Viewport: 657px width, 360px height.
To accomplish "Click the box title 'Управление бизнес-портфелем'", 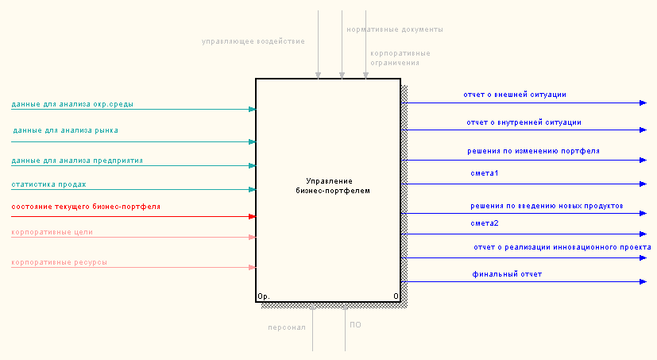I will pyautogui.click(x=327, y=186).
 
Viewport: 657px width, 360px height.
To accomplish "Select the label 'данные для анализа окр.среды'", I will pyautogui.click(x=72, y=104).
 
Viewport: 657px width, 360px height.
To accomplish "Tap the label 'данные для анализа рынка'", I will pyautogui.click(x=66, y=130).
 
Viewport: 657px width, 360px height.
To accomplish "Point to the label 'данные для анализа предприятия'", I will pyautogui.click(x=77, y=161).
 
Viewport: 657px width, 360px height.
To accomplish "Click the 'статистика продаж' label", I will pyautogui.click(x=48, y=184).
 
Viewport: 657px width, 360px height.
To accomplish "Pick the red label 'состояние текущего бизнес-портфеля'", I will pyautogui.click(x=86, y=207).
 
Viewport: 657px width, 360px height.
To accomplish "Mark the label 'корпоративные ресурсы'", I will pyautogui.click(x=60, y=261).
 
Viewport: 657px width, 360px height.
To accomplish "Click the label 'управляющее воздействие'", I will pyautogui.click(x=253, y=41).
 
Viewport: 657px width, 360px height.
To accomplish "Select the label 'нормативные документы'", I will pyautogui.click(x=395, y=29).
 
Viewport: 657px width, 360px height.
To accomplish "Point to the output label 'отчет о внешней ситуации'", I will pyautogui.click(x=515, y=95).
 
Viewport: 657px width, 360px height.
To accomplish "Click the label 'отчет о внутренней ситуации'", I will pyautogui.click(x=524, y=122).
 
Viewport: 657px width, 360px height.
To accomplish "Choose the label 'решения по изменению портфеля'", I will pyautogui.click(x=533, y=150).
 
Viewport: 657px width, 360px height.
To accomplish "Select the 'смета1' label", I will pyautogui.click(x=485, y=172).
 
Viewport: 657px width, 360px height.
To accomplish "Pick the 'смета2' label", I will pyautogui.click(x=485, y=223).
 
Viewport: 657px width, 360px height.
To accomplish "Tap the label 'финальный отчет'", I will pyautogui.click(x=508, y=274).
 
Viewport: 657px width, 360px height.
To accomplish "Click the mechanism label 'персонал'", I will pyautogui.click(x=287, y=327).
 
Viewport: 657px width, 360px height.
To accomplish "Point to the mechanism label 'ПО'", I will pyautogui.click(x=355, y=324).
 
